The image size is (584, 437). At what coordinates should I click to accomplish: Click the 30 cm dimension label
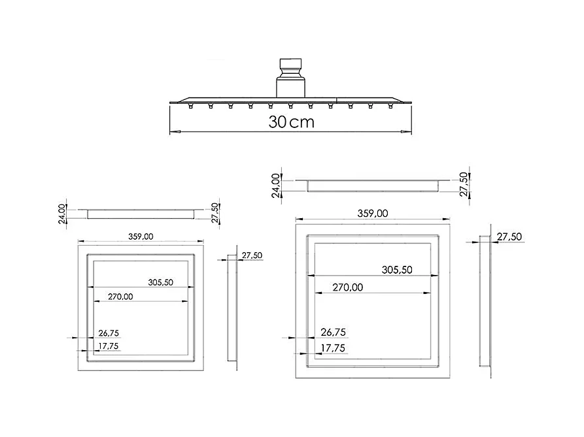coord(291,122)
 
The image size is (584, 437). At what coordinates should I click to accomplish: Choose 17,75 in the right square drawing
coord(332,348)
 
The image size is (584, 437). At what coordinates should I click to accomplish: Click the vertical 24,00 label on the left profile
coord(62,213)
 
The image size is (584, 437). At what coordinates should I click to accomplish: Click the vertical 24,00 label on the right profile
coord(277,185)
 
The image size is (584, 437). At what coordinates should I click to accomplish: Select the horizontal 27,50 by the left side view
coord(252,255)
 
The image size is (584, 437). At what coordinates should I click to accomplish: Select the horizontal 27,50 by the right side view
coord(509,237)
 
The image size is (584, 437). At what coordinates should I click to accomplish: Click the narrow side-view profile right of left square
coord(232,307)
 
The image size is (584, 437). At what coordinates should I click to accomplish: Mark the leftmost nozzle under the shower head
coord(190,106)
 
